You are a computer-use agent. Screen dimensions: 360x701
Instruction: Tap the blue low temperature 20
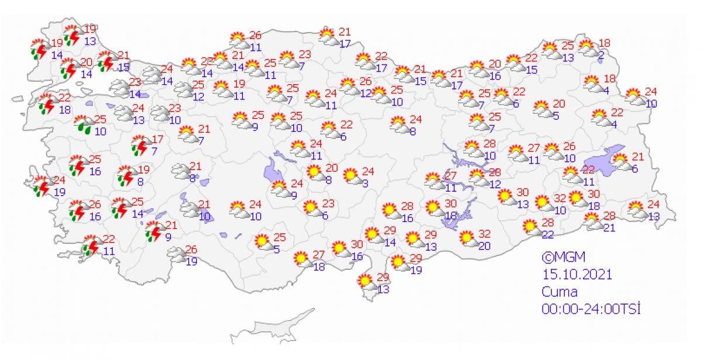point(484,245)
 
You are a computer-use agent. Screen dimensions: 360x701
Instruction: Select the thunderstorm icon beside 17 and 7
point(140,146)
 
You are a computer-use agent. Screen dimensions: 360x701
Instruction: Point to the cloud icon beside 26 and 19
point(176,254)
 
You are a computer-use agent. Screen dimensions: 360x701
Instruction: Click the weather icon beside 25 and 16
point(77,165)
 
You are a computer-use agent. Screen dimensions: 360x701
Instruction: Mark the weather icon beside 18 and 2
point(587,46)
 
